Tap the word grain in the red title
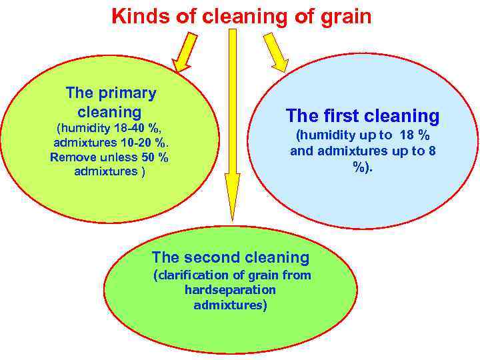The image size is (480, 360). [345, 15]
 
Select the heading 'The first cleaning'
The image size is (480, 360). [363, 116]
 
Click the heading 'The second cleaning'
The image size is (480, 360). [231, 257]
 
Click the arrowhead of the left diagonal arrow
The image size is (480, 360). [181, 65]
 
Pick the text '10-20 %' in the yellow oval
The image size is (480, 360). [142, 143]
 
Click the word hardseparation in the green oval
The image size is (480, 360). [230, 290]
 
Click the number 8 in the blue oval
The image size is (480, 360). [432, 151]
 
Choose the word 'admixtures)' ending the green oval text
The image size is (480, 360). [230, 305]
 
